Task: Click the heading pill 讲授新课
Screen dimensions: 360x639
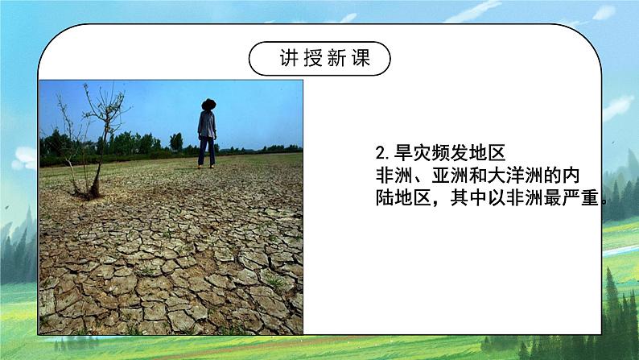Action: click(319, 59)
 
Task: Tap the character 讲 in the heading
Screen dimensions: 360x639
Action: click(287, 59)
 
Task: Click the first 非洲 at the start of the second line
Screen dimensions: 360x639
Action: click(394, 175)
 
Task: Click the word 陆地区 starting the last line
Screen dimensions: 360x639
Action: click(403, 198)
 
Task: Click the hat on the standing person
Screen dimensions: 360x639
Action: click(208, 104)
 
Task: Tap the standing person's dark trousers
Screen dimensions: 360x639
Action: click(207, 151)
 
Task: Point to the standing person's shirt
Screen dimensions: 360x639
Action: click(208, 125)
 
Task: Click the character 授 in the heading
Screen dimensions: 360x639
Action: click(310, 59)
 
